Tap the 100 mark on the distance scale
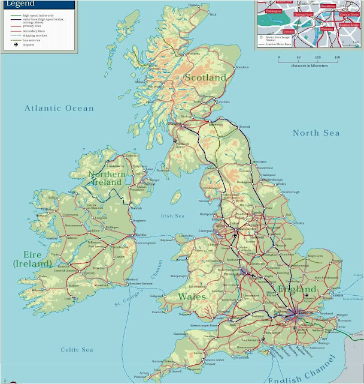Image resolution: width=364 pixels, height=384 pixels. pyautogui.click(x=317, y=58)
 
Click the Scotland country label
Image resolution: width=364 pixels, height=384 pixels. pyautogui.click(x=205, y=77)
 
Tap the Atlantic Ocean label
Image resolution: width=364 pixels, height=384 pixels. pyautogui.click(x=59, y=108)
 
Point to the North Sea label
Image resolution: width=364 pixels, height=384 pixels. pyautogui.click(x=316, y=133)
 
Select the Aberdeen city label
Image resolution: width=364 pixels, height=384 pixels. pyautogui.click(x=242, y=68)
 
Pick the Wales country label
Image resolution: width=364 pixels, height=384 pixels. pyautogui.click(x=192, y=296)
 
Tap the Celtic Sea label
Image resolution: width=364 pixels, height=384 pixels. pyautogui.click(x=77, y=349)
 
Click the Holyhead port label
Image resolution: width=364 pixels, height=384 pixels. pyautogui.click(x=183, y=241)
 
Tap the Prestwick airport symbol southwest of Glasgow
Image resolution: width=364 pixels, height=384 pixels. pyautogui.click(x=175, y=141)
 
